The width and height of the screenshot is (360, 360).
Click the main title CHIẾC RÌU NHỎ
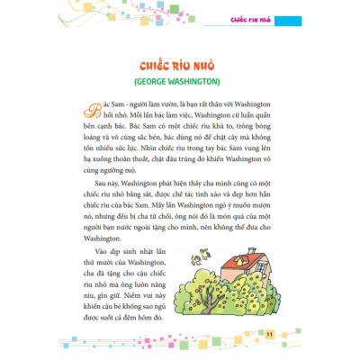tap(180, 66)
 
